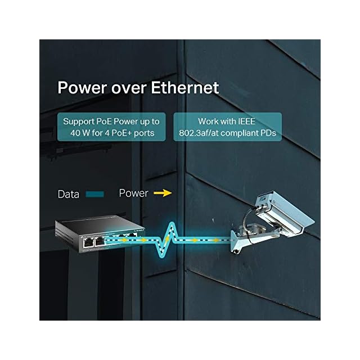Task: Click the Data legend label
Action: (69, 195)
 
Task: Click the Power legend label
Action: (133, 193)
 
